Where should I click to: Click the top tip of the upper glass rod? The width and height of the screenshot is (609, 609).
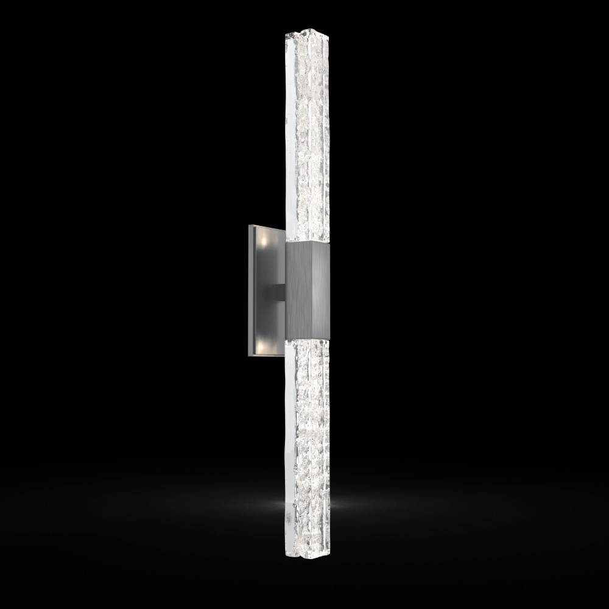point(307,30)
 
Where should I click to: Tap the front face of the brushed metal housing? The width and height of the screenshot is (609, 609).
point(301,290)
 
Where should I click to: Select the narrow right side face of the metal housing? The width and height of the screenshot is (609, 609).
point(323,291)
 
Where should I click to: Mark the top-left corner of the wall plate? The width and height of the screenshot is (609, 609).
point(248,225)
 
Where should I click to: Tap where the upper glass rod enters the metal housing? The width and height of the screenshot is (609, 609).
point(307,242)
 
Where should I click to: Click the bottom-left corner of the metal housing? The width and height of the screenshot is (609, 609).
point(286,339)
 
